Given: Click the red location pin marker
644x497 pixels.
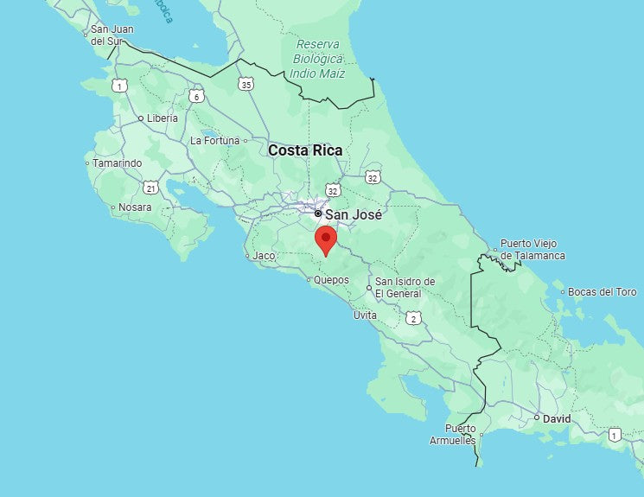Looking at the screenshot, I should click(x=325, y=239).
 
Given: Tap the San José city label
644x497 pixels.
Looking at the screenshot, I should click(x=353, y=213).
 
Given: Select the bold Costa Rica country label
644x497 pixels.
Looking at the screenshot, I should click(x=305, y=150).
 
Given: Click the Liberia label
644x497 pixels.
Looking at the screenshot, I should click(x=163, y=118).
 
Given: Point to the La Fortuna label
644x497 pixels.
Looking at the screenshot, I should click(x=214, y=140).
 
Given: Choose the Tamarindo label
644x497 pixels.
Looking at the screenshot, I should click(x=118, y=162).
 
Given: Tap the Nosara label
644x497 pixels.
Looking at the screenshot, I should click(x=135, y=207).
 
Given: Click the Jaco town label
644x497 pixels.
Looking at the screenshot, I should click(x=263, y=256).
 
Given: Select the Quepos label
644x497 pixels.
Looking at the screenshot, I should click(x=331, y=280).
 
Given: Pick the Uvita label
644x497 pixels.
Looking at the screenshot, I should click(x=365, y=315).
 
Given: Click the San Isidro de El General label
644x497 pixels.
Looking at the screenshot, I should click(x=405, y=288).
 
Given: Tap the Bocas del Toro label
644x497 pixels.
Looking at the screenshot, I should click(x=603, y=292).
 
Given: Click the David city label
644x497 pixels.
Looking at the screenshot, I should click(x=557, y=418).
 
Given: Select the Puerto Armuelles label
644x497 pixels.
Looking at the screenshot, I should click(x=453, y=435).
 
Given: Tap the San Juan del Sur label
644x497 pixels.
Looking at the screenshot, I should click(x=110, y=35).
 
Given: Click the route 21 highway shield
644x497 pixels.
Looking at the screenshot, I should click(x=151, y=188).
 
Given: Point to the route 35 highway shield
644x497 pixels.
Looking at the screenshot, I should click(x=247, y=84).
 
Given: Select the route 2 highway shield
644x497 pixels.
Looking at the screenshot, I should click(x=413, y=319).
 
